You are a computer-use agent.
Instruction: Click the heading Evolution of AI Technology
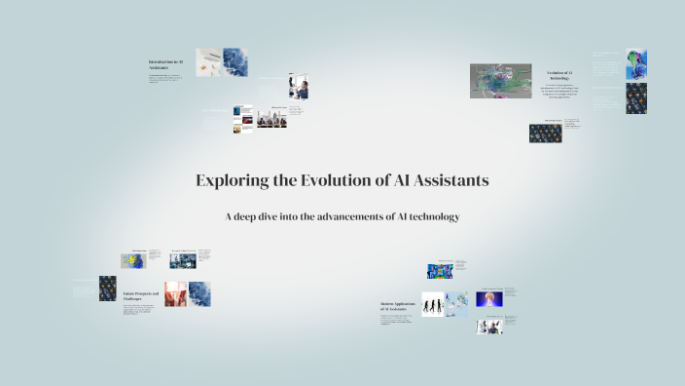point(560,75)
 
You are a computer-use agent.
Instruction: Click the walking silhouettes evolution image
point(432,304)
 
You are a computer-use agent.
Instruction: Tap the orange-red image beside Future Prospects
point(174,294)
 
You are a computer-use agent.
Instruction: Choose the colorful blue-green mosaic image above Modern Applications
point(440,271)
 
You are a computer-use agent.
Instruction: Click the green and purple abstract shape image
point(635,63)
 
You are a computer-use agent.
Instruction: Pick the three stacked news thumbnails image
point(243,118)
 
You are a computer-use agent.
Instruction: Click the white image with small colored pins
point(208,60)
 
